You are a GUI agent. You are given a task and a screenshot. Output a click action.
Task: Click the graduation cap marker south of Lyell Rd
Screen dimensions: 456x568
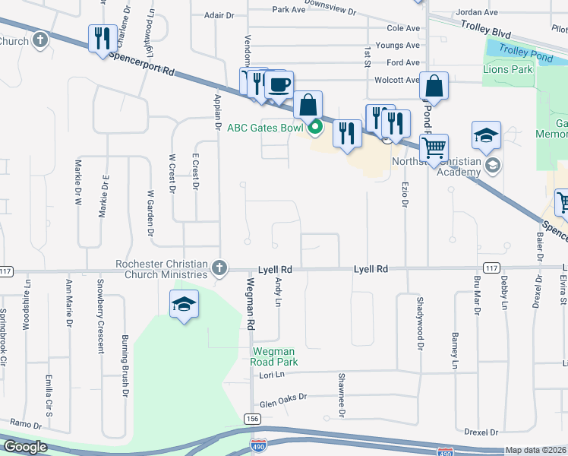pos(183,306)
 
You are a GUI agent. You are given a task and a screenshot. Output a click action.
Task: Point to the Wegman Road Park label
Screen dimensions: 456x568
pos(275,356)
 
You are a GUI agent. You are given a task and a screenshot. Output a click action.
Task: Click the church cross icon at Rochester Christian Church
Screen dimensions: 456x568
pos(219,268)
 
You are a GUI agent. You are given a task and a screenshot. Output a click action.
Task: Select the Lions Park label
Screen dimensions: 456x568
pos(508,70)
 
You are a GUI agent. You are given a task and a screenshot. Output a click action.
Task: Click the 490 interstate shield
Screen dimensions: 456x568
pos(259,443)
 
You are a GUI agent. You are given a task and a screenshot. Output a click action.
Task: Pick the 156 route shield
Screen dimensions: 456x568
pos(252,420)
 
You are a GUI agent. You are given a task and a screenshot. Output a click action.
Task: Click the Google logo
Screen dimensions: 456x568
pos(24,447)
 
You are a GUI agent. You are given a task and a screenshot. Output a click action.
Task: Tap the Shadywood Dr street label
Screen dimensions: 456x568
pos(418,323)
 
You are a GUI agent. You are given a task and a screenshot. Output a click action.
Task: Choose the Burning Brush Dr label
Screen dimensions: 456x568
pos(125,365)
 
